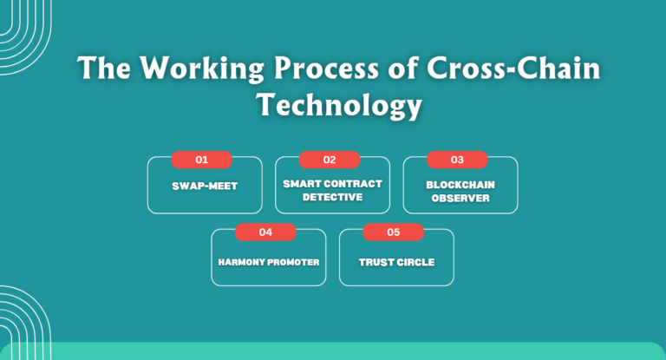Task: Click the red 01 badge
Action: [x=201, y=160]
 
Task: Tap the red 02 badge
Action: [x=330, y=160]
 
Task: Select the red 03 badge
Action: [x=457, y=160]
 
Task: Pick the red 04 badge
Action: [x=265, y=232]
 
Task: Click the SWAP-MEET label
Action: [x=204, y=186]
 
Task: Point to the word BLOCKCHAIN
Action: [x=460, y=185]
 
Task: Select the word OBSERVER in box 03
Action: [x=460, y=198]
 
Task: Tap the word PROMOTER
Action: [x=293, y=261]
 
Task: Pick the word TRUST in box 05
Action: [x=376, y=261]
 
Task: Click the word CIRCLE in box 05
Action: [x=415, y=261]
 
